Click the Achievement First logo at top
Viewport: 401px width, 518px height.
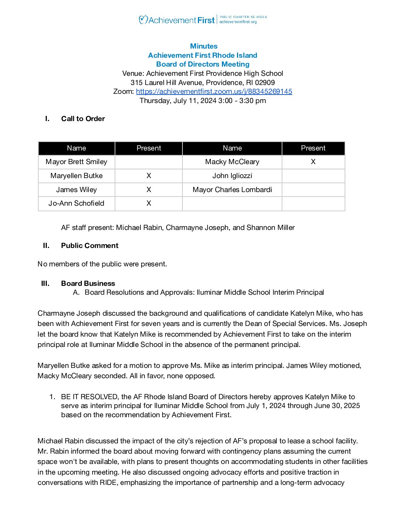(x=177, y=20)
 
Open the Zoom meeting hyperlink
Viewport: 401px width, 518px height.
(x=214, y=91)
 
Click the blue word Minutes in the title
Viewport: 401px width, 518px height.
(x=203, y=46)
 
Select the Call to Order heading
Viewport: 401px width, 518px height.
(x=83, y=118)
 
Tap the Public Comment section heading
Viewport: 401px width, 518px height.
(x=90, y=245)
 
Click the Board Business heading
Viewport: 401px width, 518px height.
(x=88, y=283)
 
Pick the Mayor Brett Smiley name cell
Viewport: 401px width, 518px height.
(x=76, y=162)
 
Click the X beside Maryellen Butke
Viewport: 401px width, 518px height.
(x=149, y=176)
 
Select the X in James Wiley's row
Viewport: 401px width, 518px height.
(x=149, y=190)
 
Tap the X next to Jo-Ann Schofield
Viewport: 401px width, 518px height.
(x=149, y=203)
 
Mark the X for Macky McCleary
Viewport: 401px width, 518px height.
(x=313, y=162)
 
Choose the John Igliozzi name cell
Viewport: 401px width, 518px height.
(x=232, y=176)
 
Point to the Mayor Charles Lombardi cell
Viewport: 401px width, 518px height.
(x=232, y=190)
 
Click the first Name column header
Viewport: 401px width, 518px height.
(x=76, y=148)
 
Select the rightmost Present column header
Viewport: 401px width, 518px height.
(x=313, y=148)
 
